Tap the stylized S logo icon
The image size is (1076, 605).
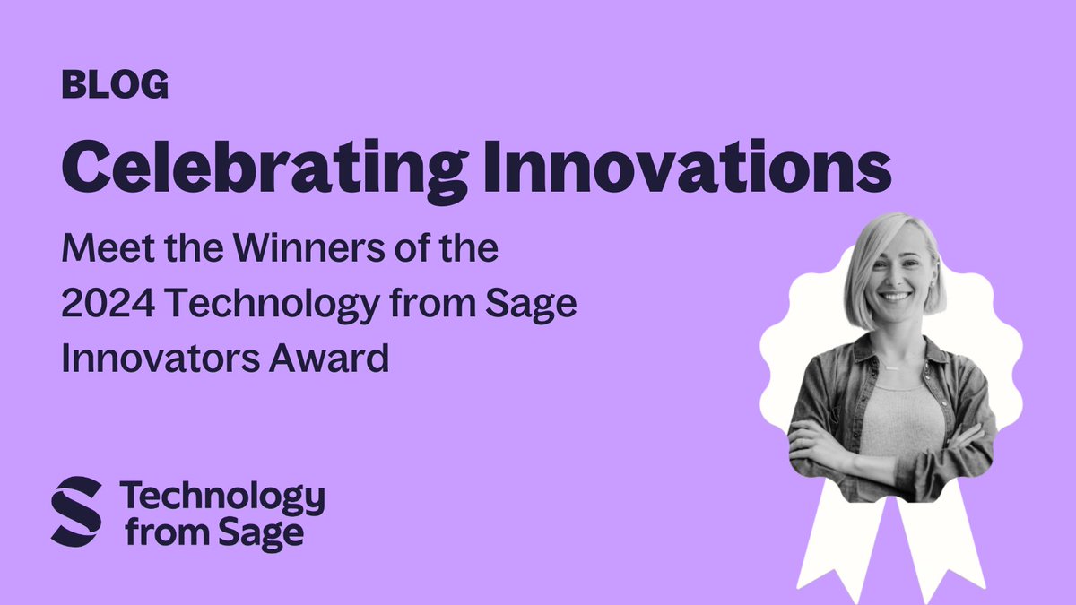[x=76, y=511]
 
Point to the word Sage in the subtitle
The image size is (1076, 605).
[x=532, y=305]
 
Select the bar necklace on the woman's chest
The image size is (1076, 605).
[x=891, y=367]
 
